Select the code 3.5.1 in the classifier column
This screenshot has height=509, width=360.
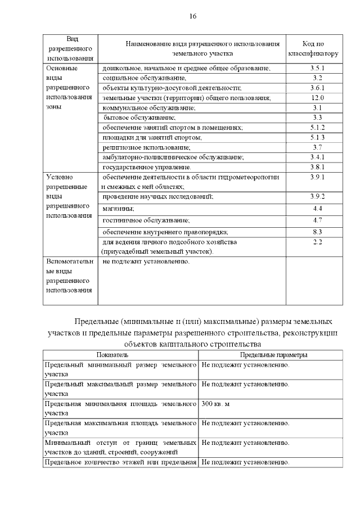pyautogui.click(x=317, y=68)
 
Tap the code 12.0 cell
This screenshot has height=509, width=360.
pyautogui.click(x=317, y=98)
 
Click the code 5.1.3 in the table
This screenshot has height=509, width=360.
pyautogui.click(x=317, y=137)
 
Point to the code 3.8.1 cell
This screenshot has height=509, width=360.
pyautogui.click(x=317, y=167)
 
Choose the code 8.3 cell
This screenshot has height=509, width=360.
pyautogui.click(x=317, y=232)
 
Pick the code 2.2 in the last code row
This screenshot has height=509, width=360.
pyautogui.click(x=317, y=242)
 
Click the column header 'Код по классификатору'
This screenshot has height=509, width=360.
pyautogui.click(x=313, y=49)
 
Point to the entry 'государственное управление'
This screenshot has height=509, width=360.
pyautogui.click(x=147, y=168)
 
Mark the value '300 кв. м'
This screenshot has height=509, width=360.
pyautogui.click(x=216, y=404)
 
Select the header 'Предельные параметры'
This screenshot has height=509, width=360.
pyautogui.click(x=273, y=355)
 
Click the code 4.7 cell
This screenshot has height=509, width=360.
pyautogui.click(x=317, y=220)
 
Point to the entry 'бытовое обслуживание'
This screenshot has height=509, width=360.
pyautogui.click(x=140, y=118)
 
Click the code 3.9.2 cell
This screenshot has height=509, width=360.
pyautogui.click(x=317, y=196)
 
